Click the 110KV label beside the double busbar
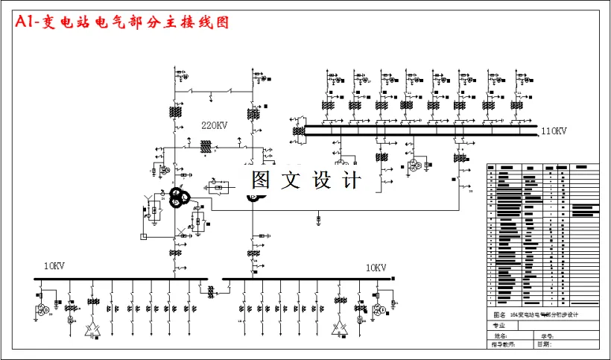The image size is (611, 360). (x=554, y=131)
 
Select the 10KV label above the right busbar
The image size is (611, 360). (x=376, y=267)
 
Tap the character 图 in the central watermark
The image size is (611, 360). (x=260, y=180)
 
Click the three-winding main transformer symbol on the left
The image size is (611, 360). (x=178, y=198)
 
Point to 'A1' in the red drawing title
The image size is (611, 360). (x=25, y=22)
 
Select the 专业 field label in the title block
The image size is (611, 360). (x=498, y=326)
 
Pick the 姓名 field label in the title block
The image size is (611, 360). (x=498, y=335)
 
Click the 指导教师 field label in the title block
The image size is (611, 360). (x=503, y=344)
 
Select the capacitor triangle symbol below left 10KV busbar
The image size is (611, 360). (x=93, y=328)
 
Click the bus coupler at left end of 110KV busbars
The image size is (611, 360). (x=300, y=130)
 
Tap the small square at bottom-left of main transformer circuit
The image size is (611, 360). (x=143, y=236)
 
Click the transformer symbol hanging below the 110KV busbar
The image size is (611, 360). (x=412, y=165)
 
